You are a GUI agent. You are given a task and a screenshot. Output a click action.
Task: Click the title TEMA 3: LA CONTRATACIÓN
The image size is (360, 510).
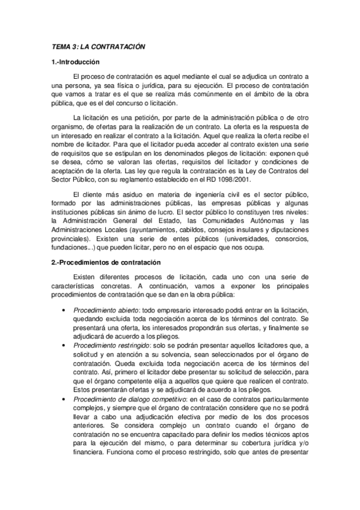pos(97,46)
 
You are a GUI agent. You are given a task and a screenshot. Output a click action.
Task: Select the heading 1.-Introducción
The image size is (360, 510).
pos(75,63)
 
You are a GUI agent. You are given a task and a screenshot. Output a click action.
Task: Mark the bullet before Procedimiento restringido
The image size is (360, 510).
pos(64,346)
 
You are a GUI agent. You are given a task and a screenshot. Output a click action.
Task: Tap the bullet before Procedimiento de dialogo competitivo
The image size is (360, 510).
pos(64,401)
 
